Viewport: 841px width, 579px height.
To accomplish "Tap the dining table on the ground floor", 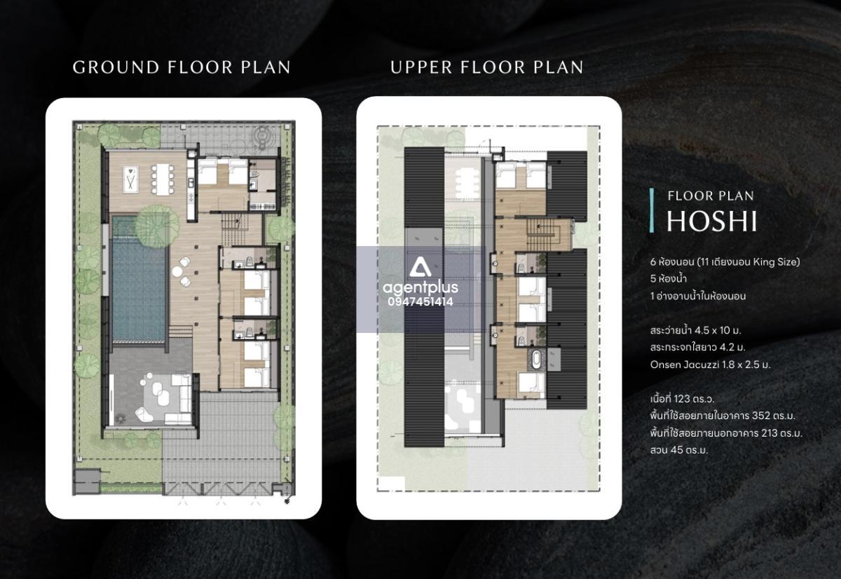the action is [163, 179].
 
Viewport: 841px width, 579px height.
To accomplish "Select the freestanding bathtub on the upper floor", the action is [536, 360].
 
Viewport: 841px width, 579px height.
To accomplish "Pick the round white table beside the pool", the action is [177, 271].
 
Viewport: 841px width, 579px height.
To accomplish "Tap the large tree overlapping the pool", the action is [157, 226].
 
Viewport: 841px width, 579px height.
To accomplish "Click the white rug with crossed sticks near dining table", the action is [131, 179].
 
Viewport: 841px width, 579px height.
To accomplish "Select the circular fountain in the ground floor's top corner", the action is [261, 135].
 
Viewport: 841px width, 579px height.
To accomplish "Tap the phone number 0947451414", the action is [420, 302].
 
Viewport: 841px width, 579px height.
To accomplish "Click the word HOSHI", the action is [711, 222].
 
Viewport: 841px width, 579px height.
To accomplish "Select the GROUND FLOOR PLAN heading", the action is [182, 67].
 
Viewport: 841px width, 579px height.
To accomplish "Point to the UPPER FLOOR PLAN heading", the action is [487, 67].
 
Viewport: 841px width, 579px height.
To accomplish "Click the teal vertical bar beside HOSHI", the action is [652, 210].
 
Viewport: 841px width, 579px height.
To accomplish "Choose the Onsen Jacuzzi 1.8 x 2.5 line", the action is [710, 365].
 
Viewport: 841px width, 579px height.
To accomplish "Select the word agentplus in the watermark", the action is [420, 288].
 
